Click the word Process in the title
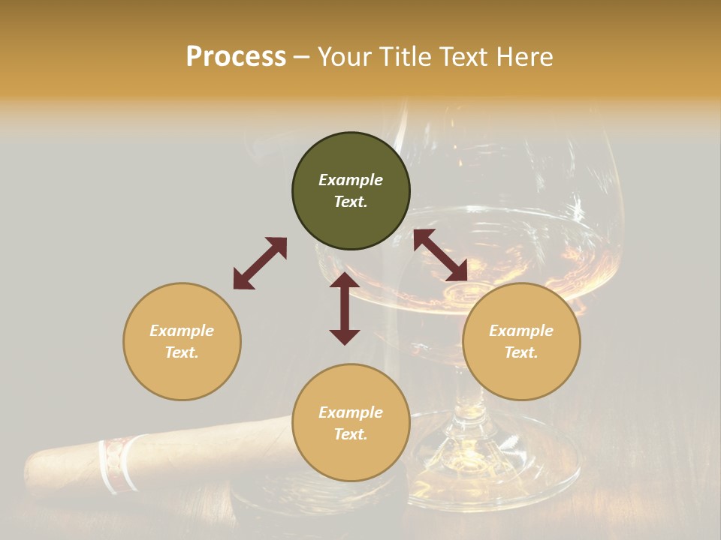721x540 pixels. pyautogui.click(x=236, y=57)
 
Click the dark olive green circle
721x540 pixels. pyautogui.click(x=351, y=191)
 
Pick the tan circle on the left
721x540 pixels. pyautogui.click(x=182, y=341)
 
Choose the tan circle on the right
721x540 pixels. pyautogui.click(x=521, y=341)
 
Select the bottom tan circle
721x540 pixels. pyautogui.click(x=351, y=423)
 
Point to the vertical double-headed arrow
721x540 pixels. pyautogui.click(x=345, y=308)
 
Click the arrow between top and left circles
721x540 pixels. pyautogui.click(x=260, y=262)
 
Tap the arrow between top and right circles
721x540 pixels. pyautogui.click(x=440, y=255)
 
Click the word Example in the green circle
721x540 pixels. pyautogui.click(x=351, y=180)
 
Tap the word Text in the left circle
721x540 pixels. pyautogui.click(x=182, y=352)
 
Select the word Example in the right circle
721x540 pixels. pyautogui.click(x=521, y=331)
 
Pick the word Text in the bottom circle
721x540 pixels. pyautogui.click(x=351, y=434)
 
